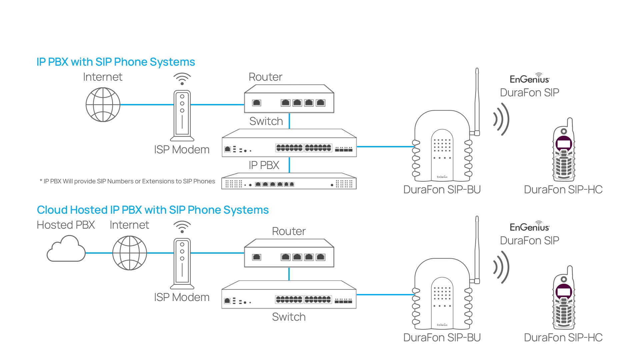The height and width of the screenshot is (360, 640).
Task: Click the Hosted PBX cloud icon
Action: [66, 249]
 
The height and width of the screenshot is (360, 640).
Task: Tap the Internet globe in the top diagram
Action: [103, 105]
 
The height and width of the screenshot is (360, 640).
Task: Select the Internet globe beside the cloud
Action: [130, 253]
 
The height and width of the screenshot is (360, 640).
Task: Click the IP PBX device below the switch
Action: [289, 182]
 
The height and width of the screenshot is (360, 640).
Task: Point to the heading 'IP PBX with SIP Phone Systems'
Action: [116, 62]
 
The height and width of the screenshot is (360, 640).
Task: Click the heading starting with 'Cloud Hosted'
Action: [153, 210]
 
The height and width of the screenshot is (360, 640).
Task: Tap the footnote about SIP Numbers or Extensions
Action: [127, 181]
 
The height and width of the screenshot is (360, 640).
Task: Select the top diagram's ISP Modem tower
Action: [182, 115]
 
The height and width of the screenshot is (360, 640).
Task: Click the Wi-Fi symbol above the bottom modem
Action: [182, 227]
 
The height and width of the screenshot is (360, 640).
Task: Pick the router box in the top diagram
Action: [289, 99]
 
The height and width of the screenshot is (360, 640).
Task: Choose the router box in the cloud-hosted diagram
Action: [289, 253]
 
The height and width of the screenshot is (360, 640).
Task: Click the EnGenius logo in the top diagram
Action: [529, 79]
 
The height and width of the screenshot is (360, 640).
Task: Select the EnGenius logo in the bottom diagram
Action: [529, 227]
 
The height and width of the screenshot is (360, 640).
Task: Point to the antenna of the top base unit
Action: [477, 100]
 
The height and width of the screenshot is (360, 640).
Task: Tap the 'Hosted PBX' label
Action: [66, 225]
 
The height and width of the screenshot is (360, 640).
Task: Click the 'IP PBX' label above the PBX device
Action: [264, 165]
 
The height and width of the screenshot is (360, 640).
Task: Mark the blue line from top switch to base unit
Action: [385, 146]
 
